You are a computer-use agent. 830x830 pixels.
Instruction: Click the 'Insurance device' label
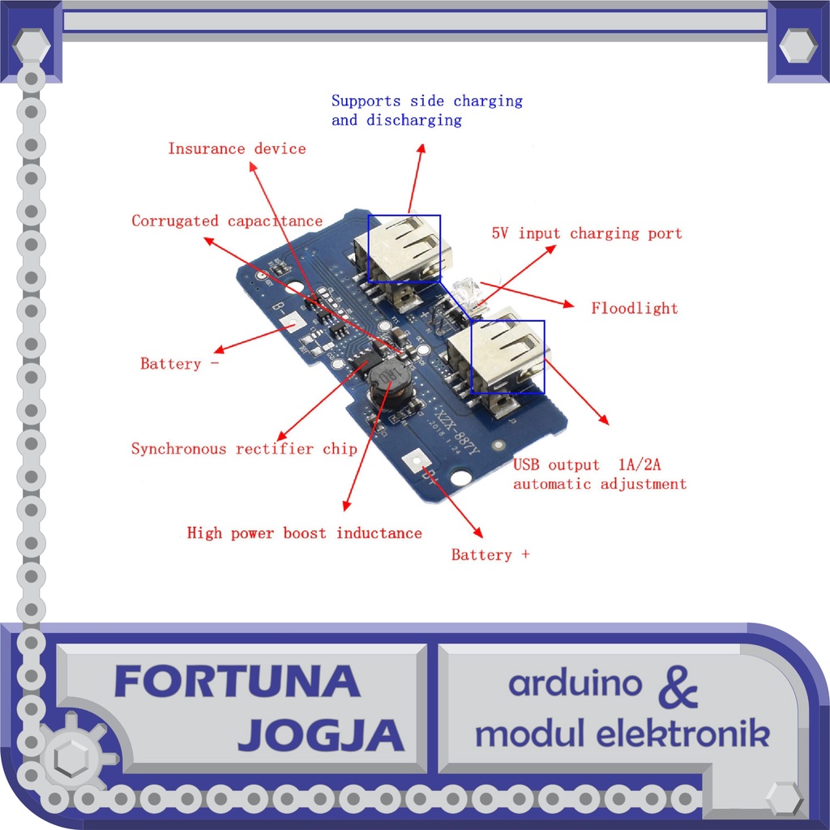pos(237,149)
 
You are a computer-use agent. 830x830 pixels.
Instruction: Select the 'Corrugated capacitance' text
pos(227,221)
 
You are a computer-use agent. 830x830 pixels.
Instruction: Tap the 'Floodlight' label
pos(634,308)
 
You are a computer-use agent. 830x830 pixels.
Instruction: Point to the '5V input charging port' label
pos(587,233)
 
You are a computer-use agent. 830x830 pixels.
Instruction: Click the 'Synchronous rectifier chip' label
pos(244,449)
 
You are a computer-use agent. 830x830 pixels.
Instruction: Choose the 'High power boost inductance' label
pos(304,533)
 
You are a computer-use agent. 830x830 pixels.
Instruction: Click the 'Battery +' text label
pos(490,555)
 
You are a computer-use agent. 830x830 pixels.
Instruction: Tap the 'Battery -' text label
pos(179,364)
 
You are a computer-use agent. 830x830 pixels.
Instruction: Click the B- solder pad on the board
pos(293,322)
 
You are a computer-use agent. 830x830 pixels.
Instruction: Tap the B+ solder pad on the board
pos(414,461)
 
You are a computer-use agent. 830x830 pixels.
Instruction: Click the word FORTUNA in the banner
pos(237,682)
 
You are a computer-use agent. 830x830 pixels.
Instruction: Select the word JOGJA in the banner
pos(321,734)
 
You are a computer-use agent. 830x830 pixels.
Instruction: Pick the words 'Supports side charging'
pos(426,101)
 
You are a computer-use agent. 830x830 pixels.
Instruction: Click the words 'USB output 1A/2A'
pos(588,465)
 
